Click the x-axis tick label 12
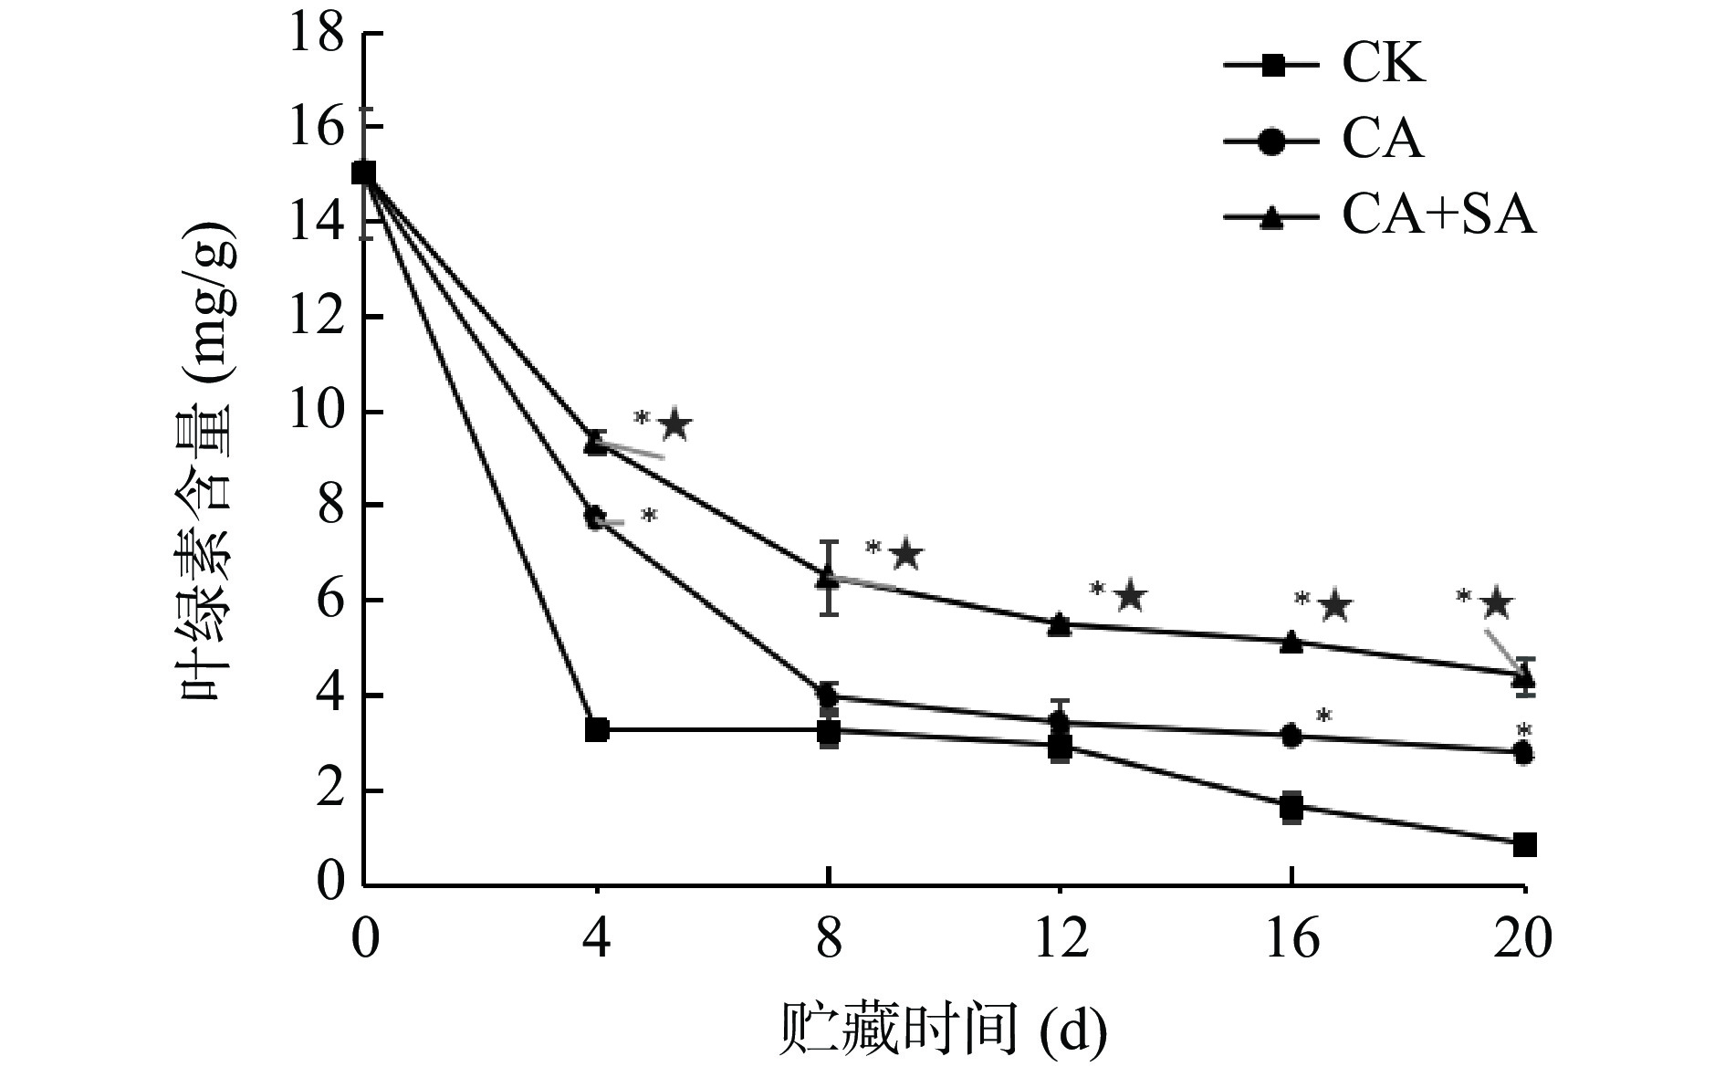(x=1060, y=939)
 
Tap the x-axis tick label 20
(x=1523, y=939)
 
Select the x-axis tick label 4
(x=597, y=939)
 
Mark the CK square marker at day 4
(x=597, y=730)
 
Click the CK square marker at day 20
(x=1524, y=844)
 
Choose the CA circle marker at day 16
(x=1291, y=736)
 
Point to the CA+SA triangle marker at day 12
(x=1060, y=624)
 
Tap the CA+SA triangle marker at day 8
(x=828, y=577)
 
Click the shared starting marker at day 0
(x=364, y=173)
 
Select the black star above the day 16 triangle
(x=1335, y=604)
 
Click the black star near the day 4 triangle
(x=675, y=424)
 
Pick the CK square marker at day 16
(x=1291, y=807)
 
